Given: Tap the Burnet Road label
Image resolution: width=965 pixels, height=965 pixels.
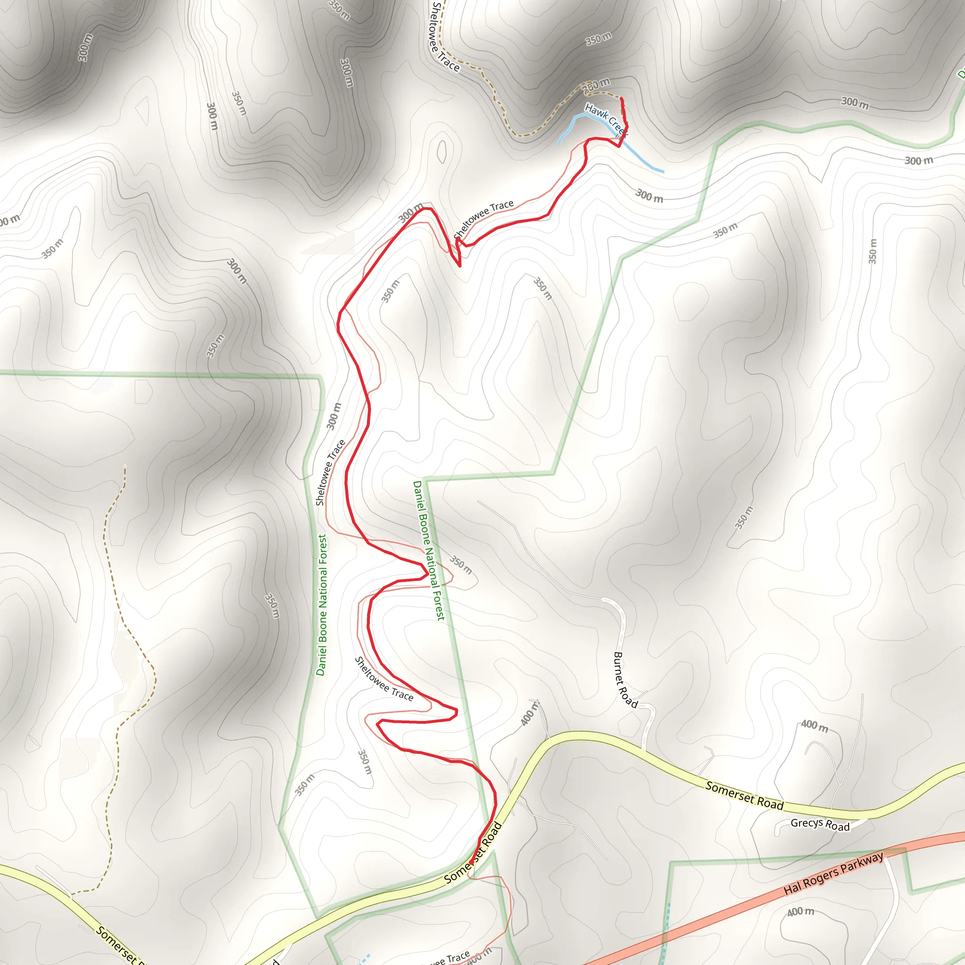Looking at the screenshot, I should pyautogui.click(x=625, y=680).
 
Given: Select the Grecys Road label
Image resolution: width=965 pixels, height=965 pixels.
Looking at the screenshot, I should pyautogui.click(x=820, y=825).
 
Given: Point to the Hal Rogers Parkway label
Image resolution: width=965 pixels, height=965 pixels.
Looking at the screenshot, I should pyautogui.click(x=833, y=873).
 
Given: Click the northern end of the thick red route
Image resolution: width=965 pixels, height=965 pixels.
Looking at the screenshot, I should pyautogui.click(x=622, y=99).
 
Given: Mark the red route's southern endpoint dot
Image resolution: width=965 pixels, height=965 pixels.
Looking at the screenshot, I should pyautogui.click(x=471, y=863).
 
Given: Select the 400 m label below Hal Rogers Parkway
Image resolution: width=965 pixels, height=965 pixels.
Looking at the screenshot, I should pyautogui.click(x=801, y=912).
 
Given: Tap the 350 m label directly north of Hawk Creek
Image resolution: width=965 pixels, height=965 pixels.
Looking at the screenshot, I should pyautogui.click(x=598, y=39).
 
